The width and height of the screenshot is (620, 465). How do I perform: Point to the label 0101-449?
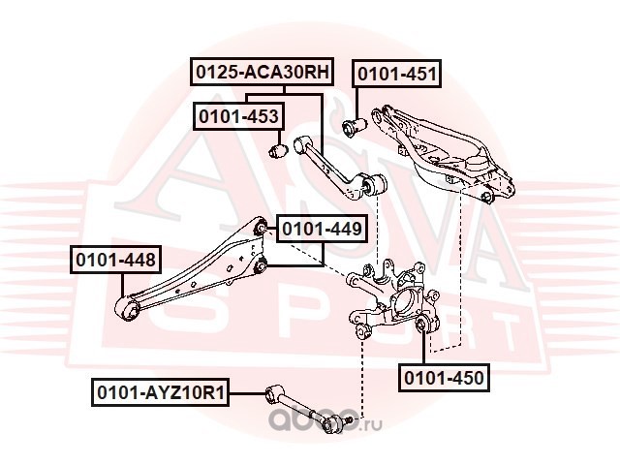322,230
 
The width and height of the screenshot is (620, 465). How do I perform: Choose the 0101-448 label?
114,261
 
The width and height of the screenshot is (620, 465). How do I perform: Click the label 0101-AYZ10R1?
159,393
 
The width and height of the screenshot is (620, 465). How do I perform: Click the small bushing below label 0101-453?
278,151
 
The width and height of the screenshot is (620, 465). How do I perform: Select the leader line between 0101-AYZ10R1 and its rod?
247,393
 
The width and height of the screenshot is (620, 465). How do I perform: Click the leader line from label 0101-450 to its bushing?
422,349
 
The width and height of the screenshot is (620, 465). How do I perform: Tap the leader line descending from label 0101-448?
121,287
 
